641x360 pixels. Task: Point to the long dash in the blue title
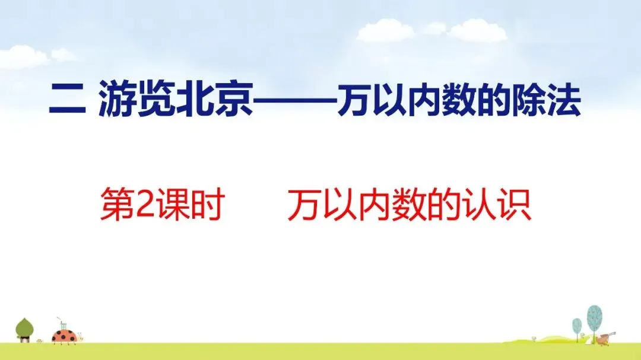click(x=295, y=100)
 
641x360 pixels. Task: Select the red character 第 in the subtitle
click(x=118, y=204)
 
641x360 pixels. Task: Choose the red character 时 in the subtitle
click(x=208, y=204)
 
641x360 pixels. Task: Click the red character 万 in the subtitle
click(x=304, y=204)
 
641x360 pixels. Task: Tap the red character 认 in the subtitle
click(x=478, y=204)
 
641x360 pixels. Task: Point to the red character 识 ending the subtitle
click(x=513, y=204)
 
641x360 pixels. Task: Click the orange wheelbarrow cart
click(x=604, y=339)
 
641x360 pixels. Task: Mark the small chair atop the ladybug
click(x=63, y=324)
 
